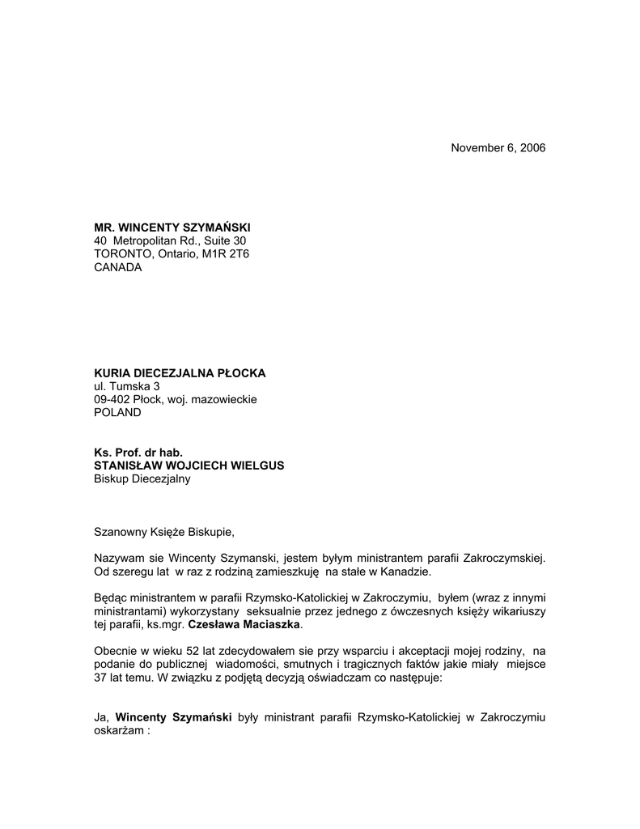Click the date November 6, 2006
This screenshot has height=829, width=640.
coord(498,148)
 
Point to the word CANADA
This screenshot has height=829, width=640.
coord(118,268)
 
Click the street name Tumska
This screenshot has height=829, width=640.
coord(131,386)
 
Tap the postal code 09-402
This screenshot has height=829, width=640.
coord(112,399)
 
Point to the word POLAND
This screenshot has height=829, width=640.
coord(117,412)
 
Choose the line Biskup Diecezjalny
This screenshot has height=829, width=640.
coord(142,478)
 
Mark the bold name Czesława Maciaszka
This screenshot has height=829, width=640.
coord(244,625)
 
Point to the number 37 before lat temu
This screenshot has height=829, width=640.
coord(102,678)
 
